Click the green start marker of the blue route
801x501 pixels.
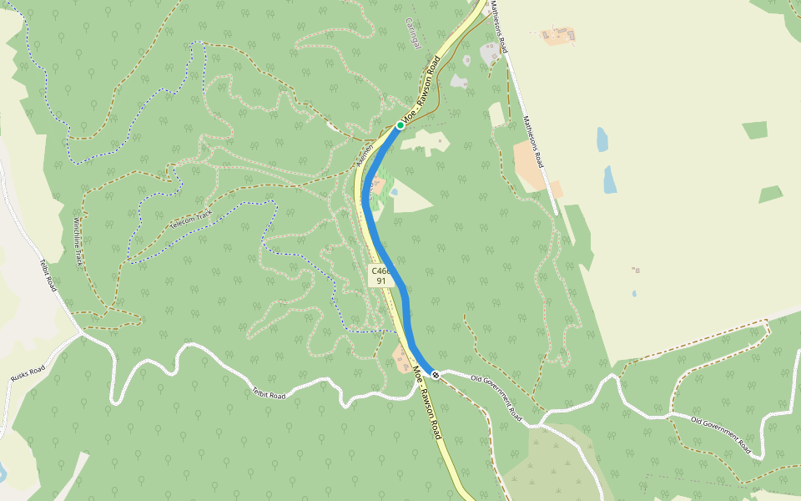(400, 125)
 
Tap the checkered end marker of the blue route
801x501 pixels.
(436, 375)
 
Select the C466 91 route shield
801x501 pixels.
(380, 276)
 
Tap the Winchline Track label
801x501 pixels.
(78, 241)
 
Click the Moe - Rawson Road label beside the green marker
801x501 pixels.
(422, 89)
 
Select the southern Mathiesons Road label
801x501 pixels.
(532, 142)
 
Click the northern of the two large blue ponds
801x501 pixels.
(602, 139)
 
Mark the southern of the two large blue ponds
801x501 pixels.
(610, 180)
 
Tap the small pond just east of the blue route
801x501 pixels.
(394, 191)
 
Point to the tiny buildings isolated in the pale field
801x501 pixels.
(637, 271)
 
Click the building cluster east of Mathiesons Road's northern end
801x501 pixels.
(557, 35)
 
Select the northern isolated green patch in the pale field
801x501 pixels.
(755, 130)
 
